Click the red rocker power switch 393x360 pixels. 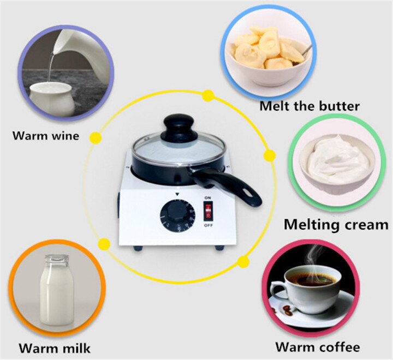[207, 211]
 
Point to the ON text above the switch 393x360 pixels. [207, 198]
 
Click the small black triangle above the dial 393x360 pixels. [177, 195]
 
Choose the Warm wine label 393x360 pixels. [46, 135]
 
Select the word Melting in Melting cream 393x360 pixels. [317, 225]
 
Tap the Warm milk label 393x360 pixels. [55, 347]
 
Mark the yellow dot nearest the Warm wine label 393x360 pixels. [96, 137]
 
